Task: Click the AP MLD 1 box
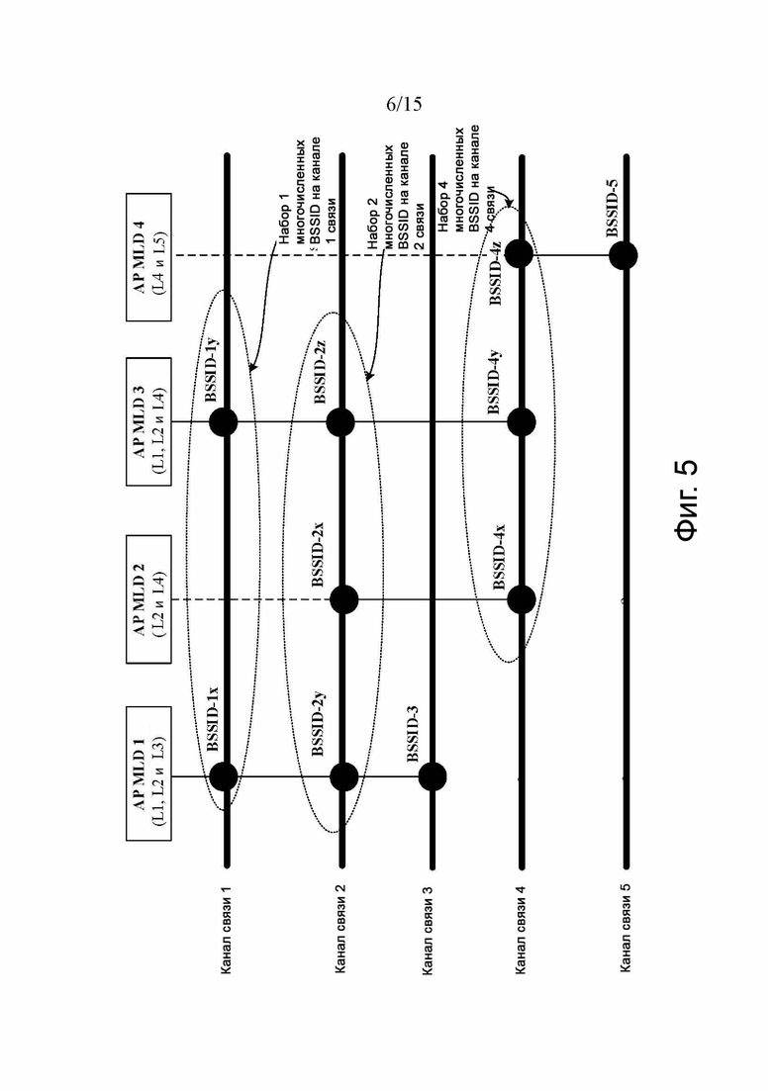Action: [148, 773]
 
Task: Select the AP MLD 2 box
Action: [148, 599]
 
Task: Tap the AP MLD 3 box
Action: [148, 421]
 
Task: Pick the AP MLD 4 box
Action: [148, 257]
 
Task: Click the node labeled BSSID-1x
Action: [224, 776]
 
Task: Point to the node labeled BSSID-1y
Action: [224, 421]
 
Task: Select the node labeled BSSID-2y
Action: [343, 776]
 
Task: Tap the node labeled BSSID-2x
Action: [343, 599]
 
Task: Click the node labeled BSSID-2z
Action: [340, 421]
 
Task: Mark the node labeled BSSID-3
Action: [433, 776]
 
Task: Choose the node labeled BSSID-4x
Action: [522, 599]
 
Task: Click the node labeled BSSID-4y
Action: [522, 421]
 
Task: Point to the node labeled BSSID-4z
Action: [519, 254]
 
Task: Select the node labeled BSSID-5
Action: [623, 255]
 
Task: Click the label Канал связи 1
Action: [227, 929]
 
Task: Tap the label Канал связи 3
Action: [428, 929]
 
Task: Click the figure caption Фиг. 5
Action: [686, 500]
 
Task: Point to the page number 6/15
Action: [404, 105]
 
